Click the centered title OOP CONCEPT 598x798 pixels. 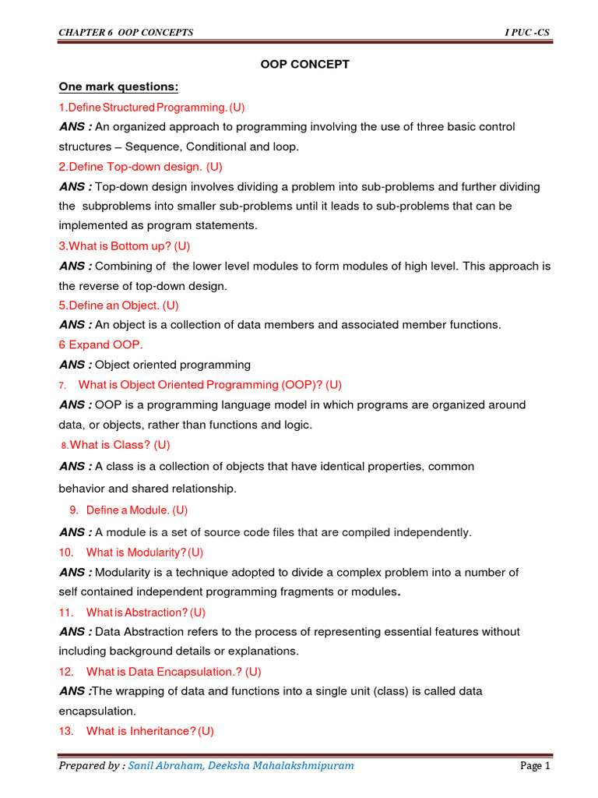[304, 64]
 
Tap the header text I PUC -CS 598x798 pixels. [528, 32]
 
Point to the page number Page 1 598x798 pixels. [535, 766]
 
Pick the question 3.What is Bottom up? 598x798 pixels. [125, 245]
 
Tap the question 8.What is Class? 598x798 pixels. [115, 445]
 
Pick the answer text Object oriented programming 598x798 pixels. [173, 364]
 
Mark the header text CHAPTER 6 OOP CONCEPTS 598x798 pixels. [126, 32]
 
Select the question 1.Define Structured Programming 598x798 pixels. [152, 107]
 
